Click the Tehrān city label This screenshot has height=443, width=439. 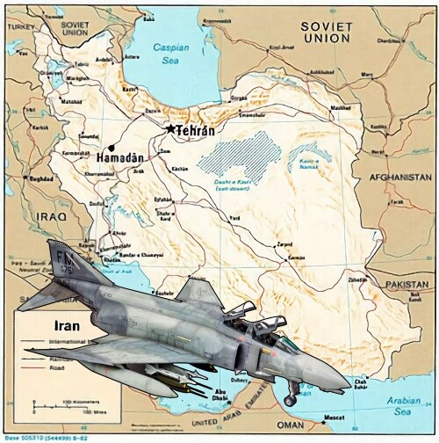[197, 129]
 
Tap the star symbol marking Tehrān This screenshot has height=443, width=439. [171, 128]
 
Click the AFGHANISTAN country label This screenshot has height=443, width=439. [400, 177]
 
